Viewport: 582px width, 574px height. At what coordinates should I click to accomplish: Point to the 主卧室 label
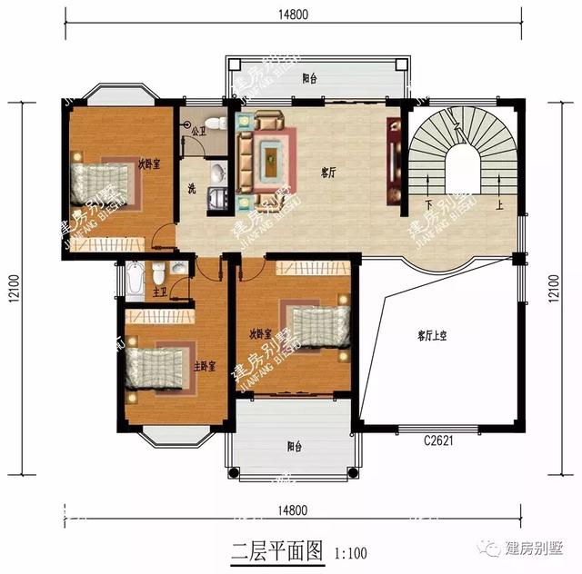tap(204, 367)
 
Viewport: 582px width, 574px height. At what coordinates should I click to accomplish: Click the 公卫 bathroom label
tap(195, 131)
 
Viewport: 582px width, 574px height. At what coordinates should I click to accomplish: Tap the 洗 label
tap(191, 189)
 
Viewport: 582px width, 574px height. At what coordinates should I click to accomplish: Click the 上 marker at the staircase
tap(498, 205)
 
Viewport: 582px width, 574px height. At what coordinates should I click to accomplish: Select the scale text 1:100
tap(351, 551)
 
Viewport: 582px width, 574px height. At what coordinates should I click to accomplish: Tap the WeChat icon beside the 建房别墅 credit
tap(491, 549)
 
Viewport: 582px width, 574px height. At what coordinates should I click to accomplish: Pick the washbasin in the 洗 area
tap(218, 173)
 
